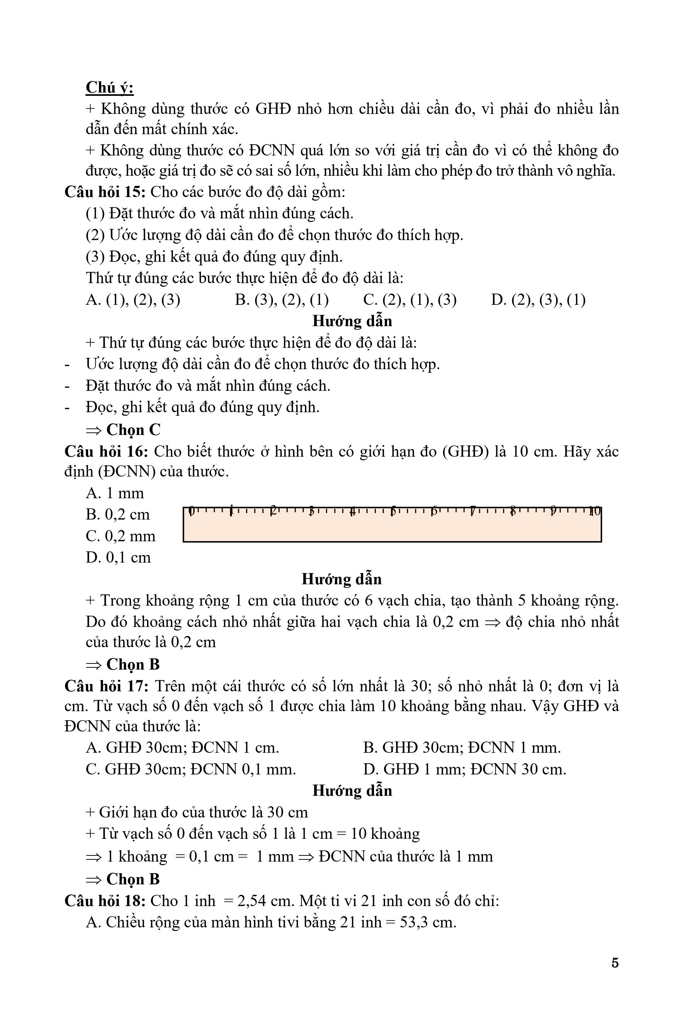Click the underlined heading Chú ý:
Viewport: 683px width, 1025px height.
pyautogui.click(x=109, y=87)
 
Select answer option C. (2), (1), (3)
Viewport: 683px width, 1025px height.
pyautogui.click(x=409, y=300)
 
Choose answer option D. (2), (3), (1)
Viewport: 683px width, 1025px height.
pyautogui.click(x=538, y=300)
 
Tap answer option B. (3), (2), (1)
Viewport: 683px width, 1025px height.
pyautogui.click(x=282, y=300)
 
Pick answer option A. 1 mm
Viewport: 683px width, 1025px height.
pyautogui.click(x=115, y=493)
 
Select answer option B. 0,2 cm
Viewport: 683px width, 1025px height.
pyautogui.click(x=117, y=515)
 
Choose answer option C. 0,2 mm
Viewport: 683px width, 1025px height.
pyautogui.click(x=120, y=536)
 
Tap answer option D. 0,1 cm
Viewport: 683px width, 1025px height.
pyautogui.click(x=118, y=558)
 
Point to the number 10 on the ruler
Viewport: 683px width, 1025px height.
pyautogui.click(x=594, y=511)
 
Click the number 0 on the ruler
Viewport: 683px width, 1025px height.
pyautogui.click(x=191, y=511)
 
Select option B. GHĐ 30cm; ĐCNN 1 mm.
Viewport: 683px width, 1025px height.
pyautogui.click(x=462, y=748)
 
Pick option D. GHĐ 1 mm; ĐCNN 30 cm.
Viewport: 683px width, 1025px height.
pyautogui.click(x=464, y=769)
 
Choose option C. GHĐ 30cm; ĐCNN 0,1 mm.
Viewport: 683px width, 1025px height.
pyautogui.click(x=191, y=769)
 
